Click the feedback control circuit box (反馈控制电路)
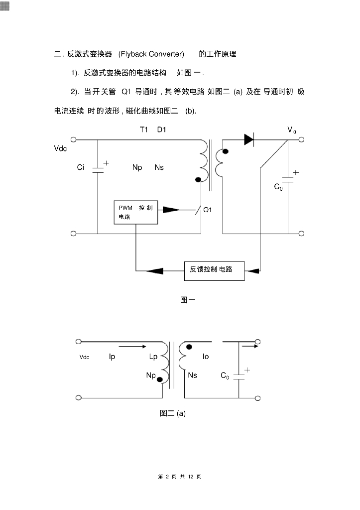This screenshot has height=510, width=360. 214,270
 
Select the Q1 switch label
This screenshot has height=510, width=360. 208,210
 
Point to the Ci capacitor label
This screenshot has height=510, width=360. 81,168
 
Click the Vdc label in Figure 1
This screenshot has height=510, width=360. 60,148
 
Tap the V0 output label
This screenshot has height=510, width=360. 292,130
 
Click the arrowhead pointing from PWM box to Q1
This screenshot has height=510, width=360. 171,210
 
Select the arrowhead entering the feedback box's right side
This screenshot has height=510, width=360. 253,270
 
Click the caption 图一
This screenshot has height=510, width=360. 187,300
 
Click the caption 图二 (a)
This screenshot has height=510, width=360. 173,413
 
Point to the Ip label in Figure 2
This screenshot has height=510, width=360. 112,357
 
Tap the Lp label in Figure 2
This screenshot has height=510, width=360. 153,357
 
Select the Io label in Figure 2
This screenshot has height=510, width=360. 206,357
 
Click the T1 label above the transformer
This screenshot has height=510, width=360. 144,129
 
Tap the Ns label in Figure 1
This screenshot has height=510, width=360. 159,167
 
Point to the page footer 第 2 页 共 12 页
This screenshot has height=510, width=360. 179,477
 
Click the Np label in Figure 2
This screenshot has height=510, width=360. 151,375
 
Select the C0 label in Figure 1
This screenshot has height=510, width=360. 278,187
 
